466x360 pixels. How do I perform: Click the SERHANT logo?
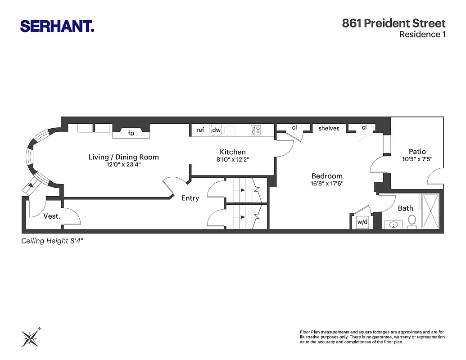click(57, 26)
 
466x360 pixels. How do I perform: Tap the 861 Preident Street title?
click(394, 23)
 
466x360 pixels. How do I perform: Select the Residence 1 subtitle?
click(422, 35)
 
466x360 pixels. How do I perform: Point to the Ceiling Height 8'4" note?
click(53, 241)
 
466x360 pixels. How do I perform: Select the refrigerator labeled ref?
click(200, 130)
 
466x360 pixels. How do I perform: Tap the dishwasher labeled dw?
click(217, 130)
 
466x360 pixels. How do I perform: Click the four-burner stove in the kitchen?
click(256, 130)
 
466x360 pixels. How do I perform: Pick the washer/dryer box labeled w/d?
click(362, 222)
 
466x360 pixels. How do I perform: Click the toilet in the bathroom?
click(412, 220)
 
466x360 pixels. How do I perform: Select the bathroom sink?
click(393, 224)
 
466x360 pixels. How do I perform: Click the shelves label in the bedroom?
click(329, 128)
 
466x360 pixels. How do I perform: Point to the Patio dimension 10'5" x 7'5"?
click(417, 159)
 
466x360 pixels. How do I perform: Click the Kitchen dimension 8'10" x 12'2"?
click(233, 159)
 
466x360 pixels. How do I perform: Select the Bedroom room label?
click(327, 176)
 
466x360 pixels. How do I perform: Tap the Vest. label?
click(52, 216)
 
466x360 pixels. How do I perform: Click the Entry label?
click(190, 198)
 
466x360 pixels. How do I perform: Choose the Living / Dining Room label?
click(123, 157)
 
